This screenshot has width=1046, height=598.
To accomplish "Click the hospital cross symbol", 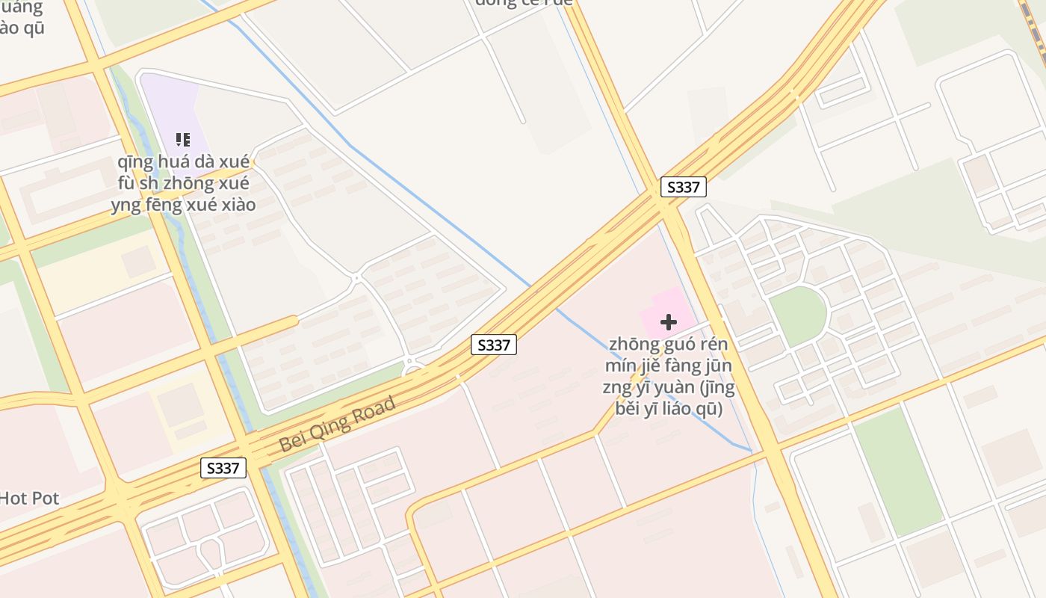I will (x=669, y=322).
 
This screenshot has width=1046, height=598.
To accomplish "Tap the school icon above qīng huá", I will (x=183, y=139).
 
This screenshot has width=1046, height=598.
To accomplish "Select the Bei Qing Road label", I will (x=337, y=425).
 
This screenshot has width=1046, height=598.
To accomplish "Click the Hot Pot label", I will (x=29, y=499).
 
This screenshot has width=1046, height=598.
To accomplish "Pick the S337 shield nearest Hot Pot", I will (x=223, y=469).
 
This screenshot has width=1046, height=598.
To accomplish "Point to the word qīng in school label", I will (x=134, y=162).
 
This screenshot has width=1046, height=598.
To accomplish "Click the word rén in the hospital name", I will (x=713, y=345).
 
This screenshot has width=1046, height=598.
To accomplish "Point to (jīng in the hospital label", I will (x=717, y=389).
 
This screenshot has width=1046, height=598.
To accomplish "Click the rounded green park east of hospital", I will (x=798, y=316).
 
